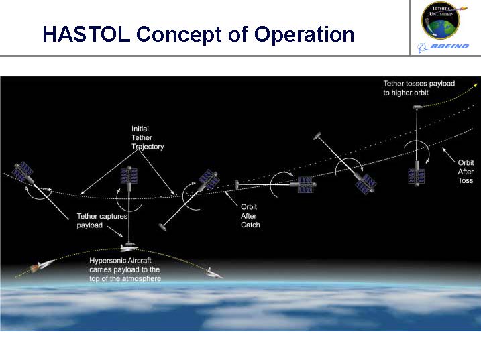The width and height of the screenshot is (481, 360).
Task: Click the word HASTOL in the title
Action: (87, 34)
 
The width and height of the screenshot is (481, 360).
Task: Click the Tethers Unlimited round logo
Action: (441, 20)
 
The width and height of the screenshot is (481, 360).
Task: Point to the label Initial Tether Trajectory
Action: (148, 137)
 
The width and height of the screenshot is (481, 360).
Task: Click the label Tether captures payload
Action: (102, 221)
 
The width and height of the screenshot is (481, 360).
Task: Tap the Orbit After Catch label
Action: (250, 216)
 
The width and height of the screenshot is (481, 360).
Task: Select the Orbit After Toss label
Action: (466, 172)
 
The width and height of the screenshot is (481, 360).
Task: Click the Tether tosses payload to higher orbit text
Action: (419, 88)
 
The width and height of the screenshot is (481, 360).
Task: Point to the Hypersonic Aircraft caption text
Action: (125, 269)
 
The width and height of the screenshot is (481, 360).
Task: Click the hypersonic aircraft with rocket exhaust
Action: (42, 265)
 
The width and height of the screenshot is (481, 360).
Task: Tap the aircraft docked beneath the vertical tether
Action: (129, 247)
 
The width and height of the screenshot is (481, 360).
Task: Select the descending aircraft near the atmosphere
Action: (214, 274)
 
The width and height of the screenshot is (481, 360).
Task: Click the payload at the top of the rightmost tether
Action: (417, 107)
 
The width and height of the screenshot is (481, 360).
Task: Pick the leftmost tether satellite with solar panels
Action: (23, 171)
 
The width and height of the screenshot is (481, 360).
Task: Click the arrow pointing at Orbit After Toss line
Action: (448, 155)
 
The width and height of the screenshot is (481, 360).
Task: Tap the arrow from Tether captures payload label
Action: (115, 231)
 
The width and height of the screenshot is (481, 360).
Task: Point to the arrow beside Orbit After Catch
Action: (231, 199)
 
